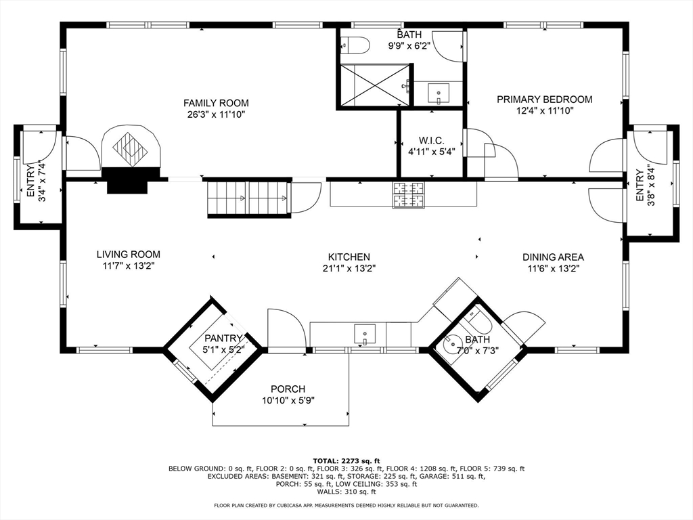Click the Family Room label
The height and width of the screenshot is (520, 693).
click(216, 103)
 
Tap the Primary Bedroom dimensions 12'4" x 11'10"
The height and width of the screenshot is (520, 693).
click(545, 110)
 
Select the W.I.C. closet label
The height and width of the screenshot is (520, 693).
click(431, 141)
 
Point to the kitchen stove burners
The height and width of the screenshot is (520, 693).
click(408, 194)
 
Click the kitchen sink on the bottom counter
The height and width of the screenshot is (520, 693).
click(365, 334)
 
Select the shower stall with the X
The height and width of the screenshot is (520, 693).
click(375, 85)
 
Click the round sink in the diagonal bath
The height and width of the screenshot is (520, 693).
click(451, 343)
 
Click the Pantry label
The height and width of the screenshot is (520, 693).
click(223, 339)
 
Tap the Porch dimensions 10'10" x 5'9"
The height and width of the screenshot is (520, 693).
click(288, 401)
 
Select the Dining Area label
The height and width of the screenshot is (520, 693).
click(553, 257)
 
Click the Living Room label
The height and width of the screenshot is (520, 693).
click(128, 255)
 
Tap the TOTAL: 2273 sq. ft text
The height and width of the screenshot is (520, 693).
click(346, 460)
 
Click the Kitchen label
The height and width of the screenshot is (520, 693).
click(349, 257)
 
